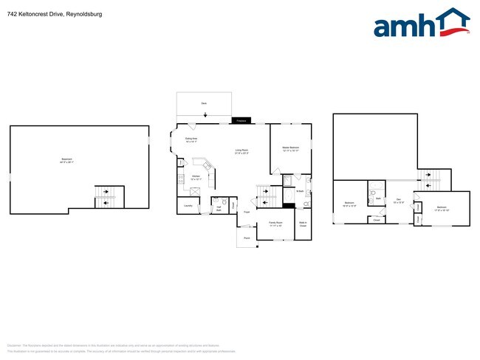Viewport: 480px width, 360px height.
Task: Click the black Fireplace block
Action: click(x=240, y=120)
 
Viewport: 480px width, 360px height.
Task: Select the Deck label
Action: click(x=203, y=105)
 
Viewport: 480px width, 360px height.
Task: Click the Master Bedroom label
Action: click(x=290, y=149)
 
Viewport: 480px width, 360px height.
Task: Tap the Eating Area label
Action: click(x=191, y=139)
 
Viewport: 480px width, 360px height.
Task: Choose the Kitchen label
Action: click(x=196, y=177)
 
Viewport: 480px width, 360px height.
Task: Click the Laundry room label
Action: click(x=188, y=206)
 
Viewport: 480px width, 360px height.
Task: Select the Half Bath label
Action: click(x=219, y=207)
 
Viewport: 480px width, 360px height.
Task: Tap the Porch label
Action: click(x=246, y=238)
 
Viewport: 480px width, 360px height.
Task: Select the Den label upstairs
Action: click(x=398, y=200)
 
